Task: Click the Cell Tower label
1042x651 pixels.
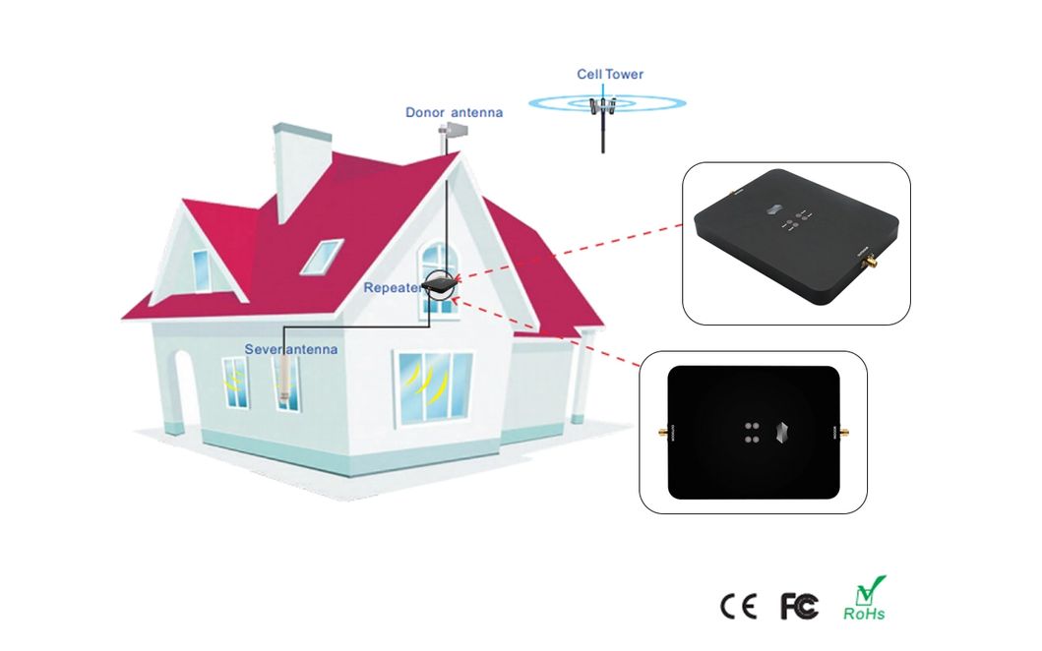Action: pos(610,74)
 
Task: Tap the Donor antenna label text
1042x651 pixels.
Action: pos(454,112)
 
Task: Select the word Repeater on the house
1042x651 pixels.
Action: pos(391,288)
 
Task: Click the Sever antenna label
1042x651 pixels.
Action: pos(290,349)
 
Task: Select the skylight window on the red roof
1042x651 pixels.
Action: pos(321,256)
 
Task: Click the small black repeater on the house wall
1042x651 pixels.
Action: pos(439,285)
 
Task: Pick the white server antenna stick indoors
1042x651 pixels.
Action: pos(284,379)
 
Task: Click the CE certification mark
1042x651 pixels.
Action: pos(739,607)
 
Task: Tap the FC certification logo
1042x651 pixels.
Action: pos(799,607)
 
